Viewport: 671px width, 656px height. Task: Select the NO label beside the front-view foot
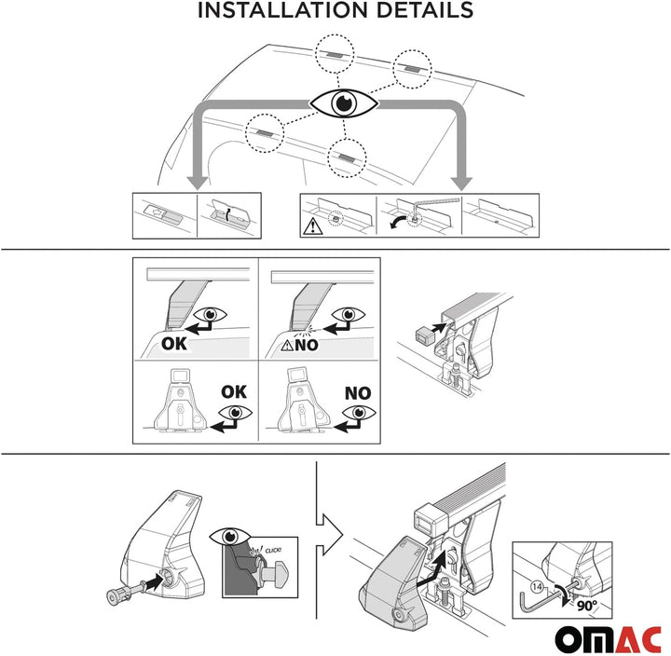tap(357, 392)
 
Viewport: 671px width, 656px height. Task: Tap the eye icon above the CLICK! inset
tap(229, 539)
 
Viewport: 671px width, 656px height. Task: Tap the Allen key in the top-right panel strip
tap(438, 204)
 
